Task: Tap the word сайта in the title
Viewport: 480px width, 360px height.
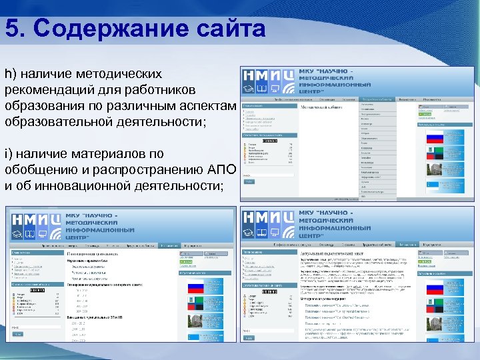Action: (x=231, y=29)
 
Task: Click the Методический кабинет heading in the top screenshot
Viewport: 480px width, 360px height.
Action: (x=322, y=107)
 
